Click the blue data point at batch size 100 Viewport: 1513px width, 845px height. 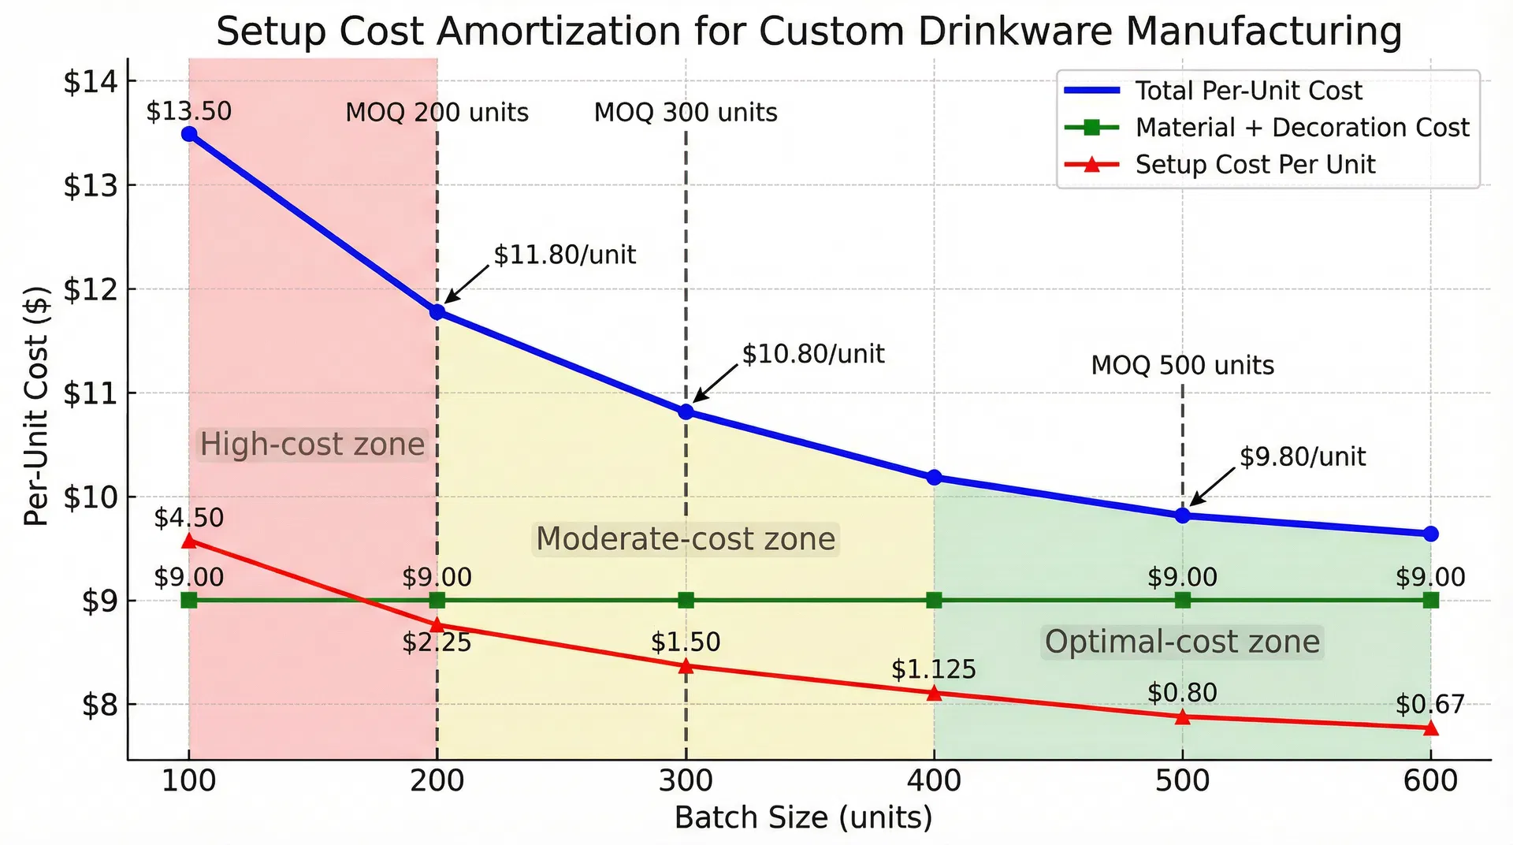click(189, 134)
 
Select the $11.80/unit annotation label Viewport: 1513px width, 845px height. click(564, 255)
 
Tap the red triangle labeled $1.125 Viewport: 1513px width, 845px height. click(934, 694)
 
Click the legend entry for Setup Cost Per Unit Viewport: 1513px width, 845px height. click(1255, 165)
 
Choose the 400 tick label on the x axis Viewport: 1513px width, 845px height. click(934, 781)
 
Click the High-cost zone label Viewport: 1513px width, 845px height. click(312, 445)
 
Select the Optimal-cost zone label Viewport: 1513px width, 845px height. click(1181, 642)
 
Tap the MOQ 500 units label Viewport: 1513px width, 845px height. click(1182, 366)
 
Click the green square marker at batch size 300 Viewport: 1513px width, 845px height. click(686, 601)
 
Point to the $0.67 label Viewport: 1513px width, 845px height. click(1429, 704)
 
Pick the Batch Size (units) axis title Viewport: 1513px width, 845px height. click(803, 818)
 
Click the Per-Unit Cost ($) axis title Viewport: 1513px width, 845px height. click(36, 406)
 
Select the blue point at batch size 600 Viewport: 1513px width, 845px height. click(1430, 534)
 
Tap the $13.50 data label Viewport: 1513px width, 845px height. click(189, 111)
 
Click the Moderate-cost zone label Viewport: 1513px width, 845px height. click(685, 539)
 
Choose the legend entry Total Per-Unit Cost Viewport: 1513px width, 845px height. click(1247, 91)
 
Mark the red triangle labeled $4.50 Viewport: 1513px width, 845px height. click(189, 541)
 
